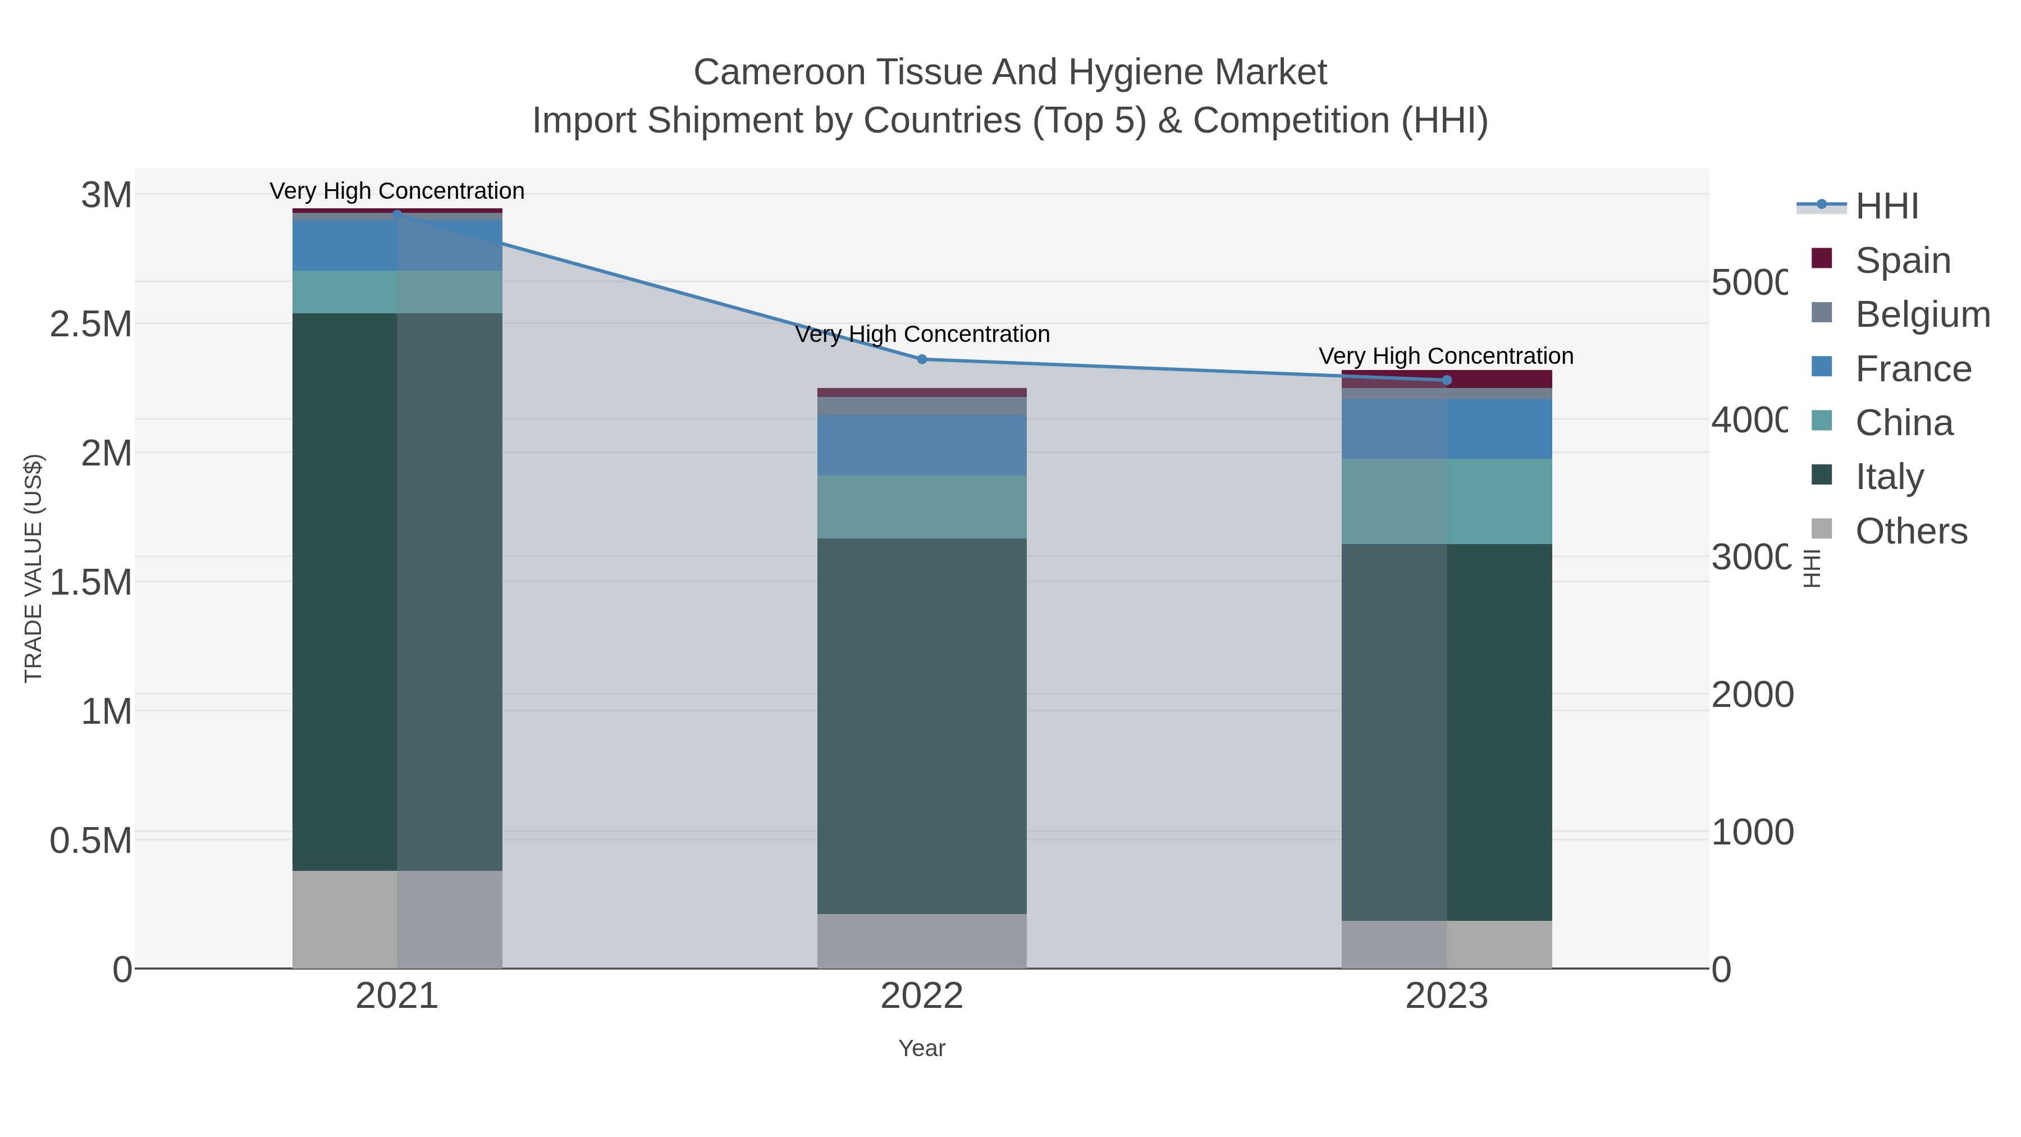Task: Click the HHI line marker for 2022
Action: (922, 359)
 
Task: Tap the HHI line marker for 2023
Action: (1447, 381)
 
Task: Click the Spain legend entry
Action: (1903, 261)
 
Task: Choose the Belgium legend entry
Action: (1922, 314)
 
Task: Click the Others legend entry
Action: (1910, 531)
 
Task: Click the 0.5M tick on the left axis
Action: (91, 841)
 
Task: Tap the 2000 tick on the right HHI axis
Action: (1752, 695)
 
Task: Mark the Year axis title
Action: (922, 1048)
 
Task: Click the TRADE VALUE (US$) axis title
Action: (33, 568)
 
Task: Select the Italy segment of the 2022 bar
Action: (922, 726)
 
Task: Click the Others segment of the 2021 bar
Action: (397, 920)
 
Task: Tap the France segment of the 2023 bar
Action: (1447, 429)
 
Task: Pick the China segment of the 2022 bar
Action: (922, 507)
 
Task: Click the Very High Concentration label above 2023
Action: (1446, 356)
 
